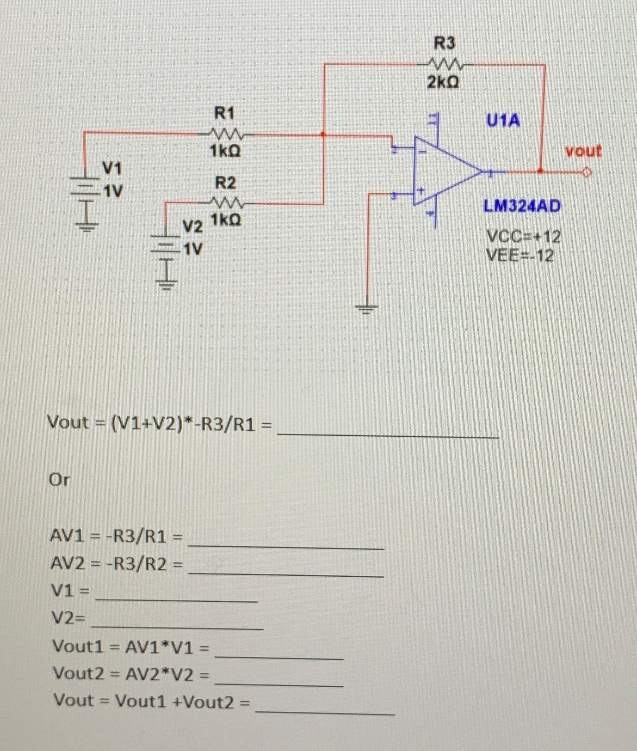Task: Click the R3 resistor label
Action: point(444,43)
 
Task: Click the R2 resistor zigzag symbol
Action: point(225,202)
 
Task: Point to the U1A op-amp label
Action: point(503,121)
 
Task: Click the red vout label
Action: point(583,151)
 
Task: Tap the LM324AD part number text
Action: point(522,206)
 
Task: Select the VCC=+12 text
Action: point(524,237)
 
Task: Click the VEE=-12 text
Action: point(520,255)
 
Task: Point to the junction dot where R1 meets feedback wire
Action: point(323,134)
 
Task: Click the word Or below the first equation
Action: point(59,480)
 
